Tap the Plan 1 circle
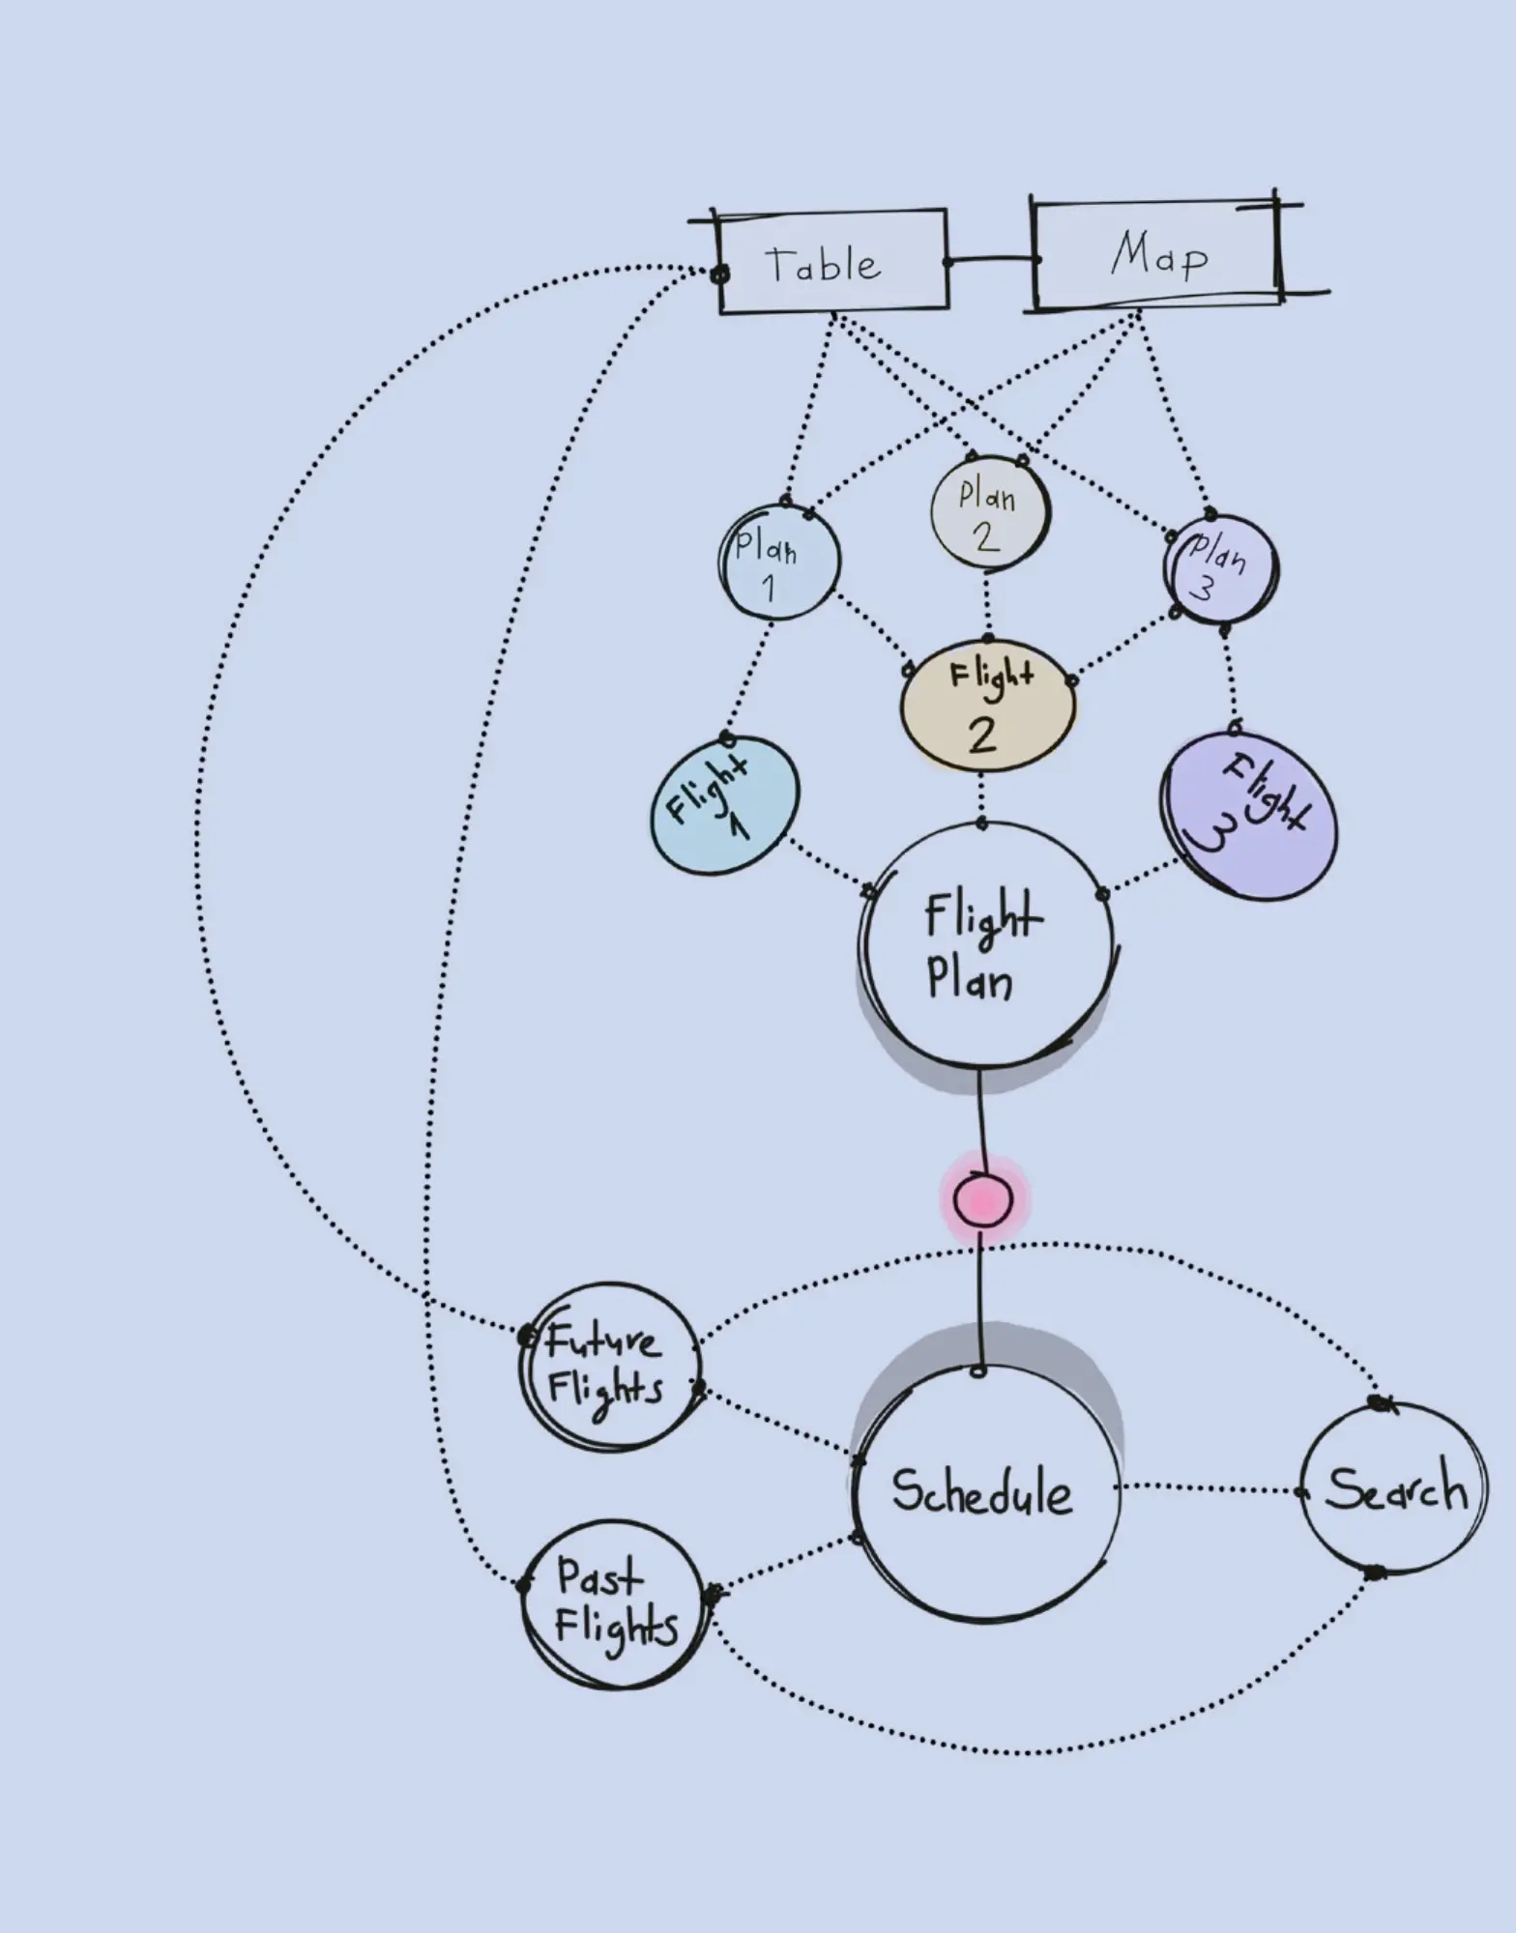779,562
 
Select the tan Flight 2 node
987,707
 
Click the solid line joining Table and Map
991,260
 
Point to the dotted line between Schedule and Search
1210,1488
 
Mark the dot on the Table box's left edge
719,274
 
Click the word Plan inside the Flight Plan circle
970,980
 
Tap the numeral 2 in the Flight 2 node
982,735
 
